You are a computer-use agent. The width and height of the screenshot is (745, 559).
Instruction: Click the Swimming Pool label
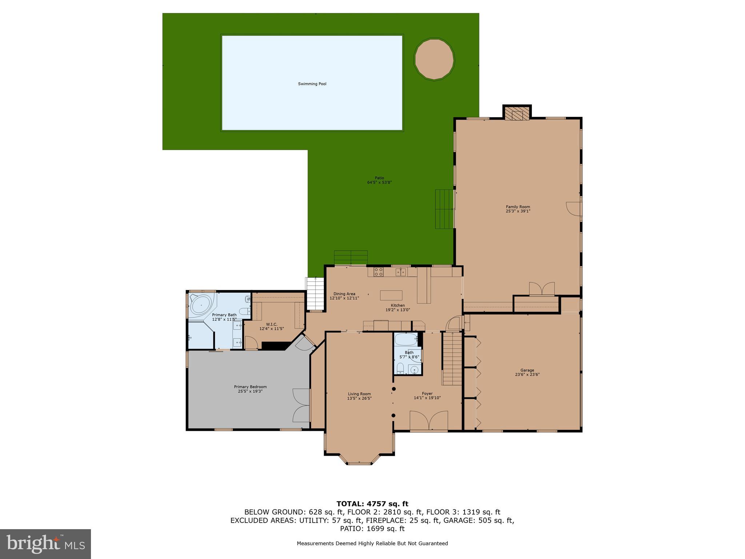[x=312, y=84]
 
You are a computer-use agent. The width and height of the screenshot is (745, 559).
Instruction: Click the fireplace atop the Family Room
[x=517, y=114]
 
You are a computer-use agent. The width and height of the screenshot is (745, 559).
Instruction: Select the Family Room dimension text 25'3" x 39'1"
[x=518, y=211]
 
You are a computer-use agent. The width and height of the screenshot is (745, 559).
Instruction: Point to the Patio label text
[x=379, y=178]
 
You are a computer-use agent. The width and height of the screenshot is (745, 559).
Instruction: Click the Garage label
[x=527, y=370]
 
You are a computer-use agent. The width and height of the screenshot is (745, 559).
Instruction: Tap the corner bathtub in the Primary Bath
[x=201, y=305]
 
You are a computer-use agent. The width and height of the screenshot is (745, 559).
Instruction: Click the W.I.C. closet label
[x=271, y=324]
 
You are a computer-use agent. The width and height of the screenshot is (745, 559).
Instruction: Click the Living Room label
[x=359, y=394]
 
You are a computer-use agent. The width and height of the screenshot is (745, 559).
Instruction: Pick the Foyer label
[x=427, y=393]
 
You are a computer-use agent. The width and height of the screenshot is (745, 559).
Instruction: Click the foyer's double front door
[x=429, y=421]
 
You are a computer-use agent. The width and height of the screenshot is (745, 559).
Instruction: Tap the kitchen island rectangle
[x=391, y=295]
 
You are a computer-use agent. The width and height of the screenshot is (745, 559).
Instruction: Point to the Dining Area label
[x=344, y=294]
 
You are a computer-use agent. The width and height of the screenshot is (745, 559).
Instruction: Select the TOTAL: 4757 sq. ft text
[x=372, y=504]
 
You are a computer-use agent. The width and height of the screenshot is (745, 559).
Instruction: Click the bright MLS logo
[x=45, y=544]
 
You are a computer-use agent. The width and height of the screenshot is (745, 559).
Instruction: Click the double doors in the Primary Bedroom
[x=301, y=405]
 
